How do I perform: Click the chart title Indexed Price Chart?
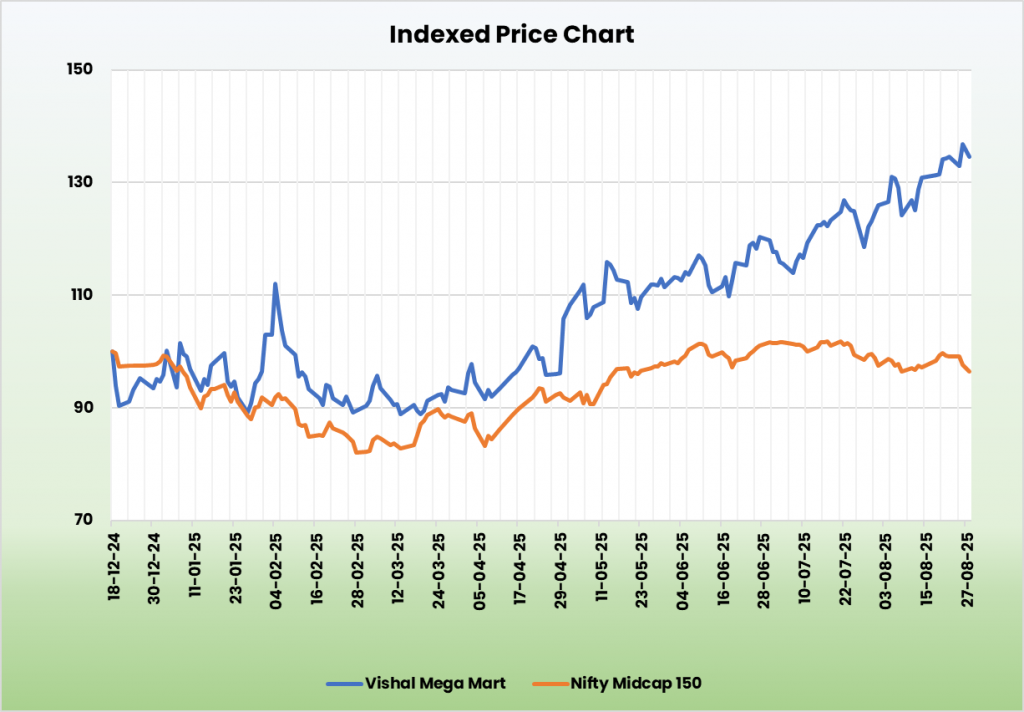pos(511,34)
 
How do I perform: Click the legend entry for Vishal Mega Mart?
pos(416,683)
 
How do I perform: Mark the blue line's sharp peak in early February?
pos(275,284)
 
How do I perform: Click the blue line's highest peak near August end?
pos(963,145)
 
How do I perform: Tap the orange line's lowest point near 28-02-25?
pos(357,453)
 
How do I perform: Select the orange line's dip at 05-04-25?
pos(485,445)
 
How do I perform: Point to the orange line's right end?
pos(970,372)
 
